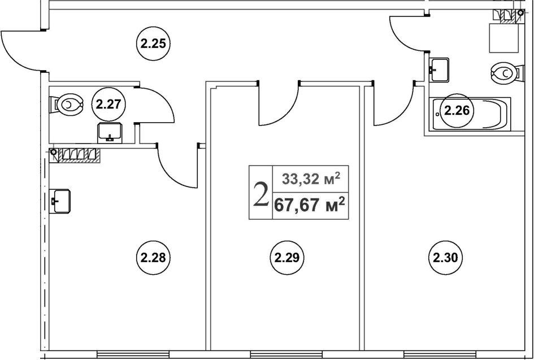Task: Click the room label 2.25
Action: tap(153, 44)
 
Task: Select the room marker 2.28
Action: tap(153, 258)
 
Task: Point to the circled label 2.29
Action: tap(287, 258)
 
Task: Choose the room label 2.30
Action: tap(445, 258)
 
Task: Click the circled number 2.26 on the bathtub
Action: tap(457, 111)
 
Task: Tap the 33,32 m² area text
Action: tap(311, 179)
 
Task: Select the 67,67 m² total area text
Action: tap(310, 205)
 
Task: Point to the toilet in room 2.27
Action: tap(67, 105)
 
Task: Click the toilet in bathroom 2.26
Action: tap(507, 73)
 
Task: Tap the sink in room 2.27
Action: tap(110, 133)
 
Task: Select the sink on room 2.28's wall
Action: tap(59, 201)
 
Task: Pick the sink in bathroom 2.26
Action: tap(439, 70)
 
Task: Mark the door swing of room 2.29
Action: tap(279, 103)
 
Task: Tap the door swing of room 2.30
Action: tap(394, 103)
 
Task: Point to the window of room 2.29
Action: tap(286, 354)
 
